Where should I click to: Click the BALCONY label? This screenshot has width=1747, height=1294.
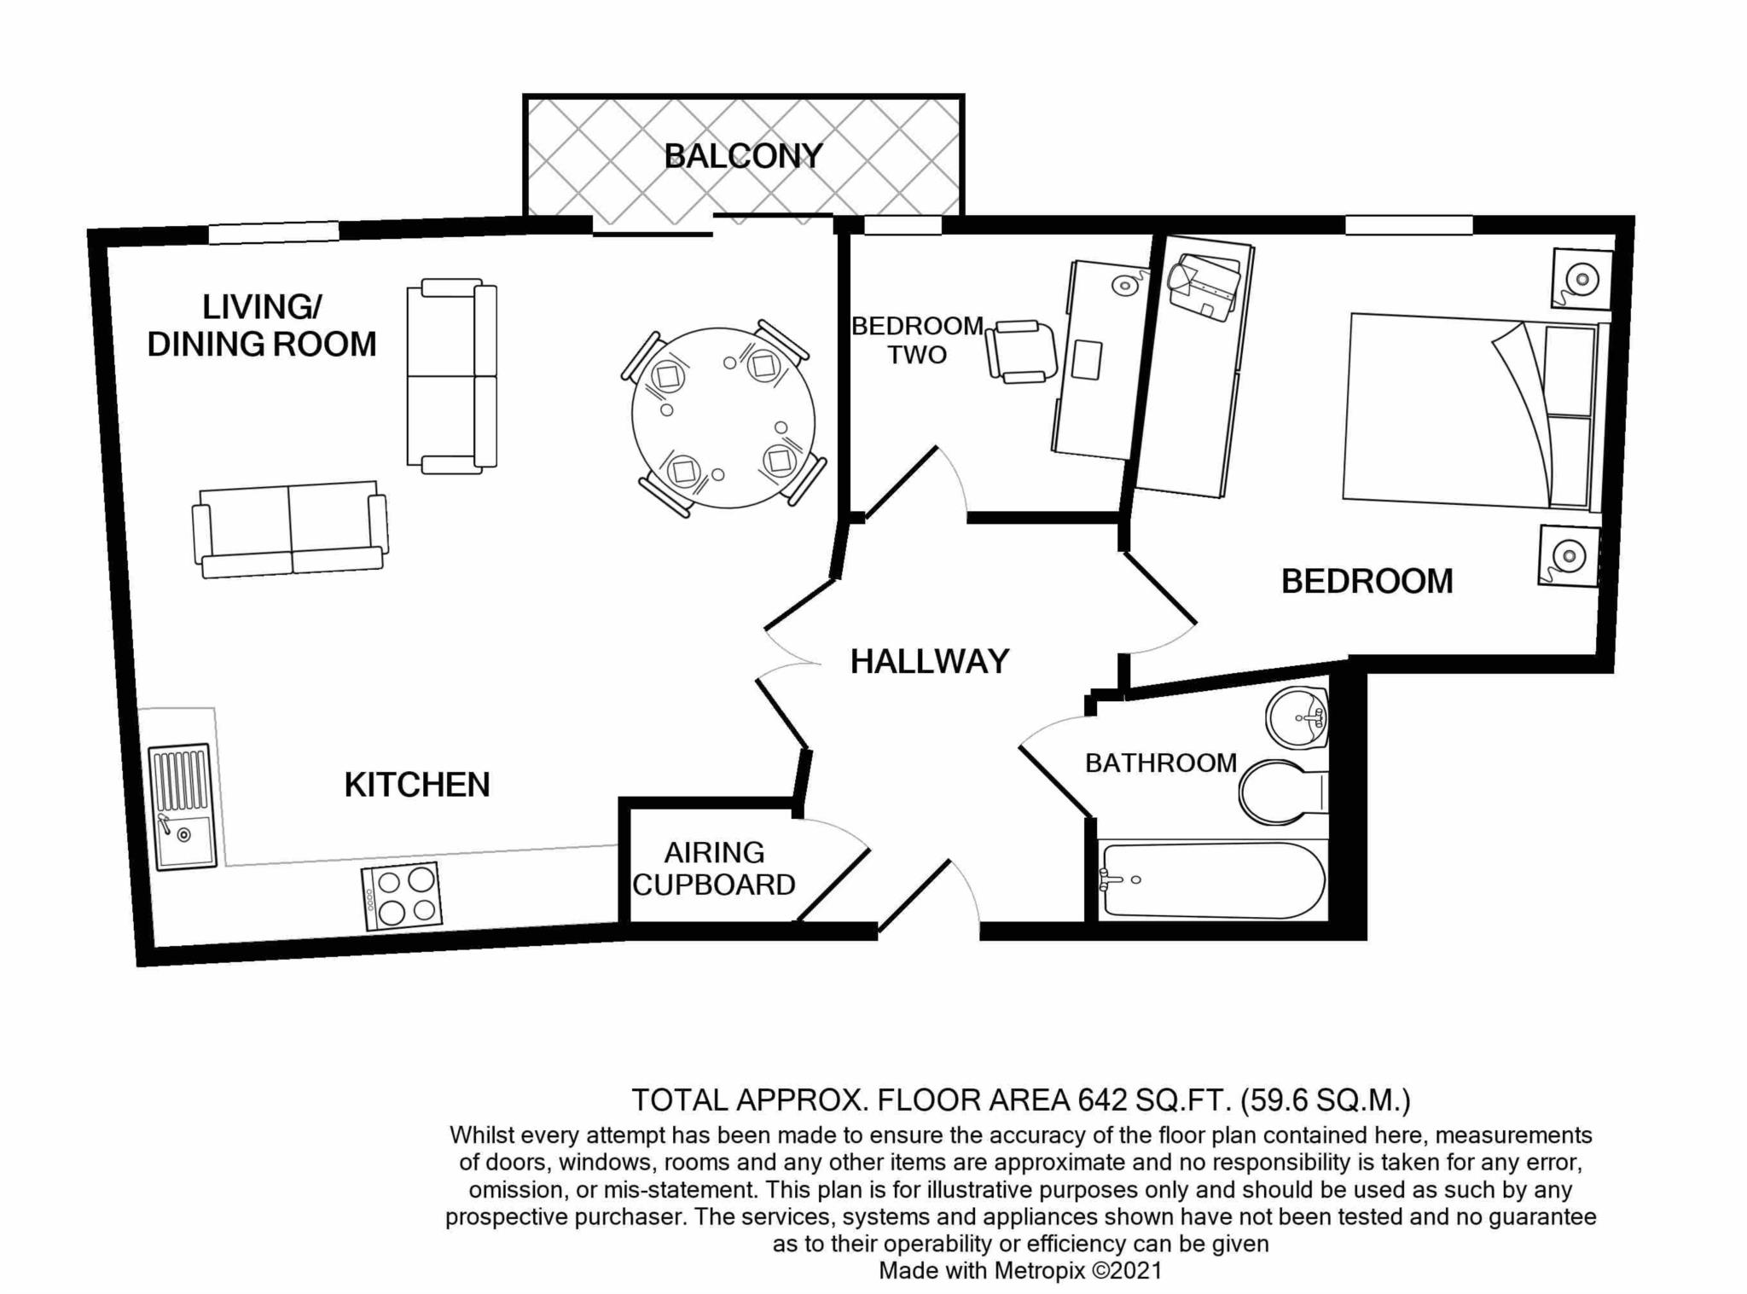pyautogui.click(x=743, y=156)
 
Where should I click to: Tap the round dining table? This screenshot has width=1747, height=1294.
pyautogui.click(x=723, y=418)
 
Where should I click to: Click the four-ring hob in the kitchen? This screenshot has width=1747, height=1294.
pyautogui.click(x=402, y=896)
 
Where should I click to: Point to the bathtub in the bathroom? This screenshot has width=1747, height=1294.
pyautogui.click(x=1212, y=881)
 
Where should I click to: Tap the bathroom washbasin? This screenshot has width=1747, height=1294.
pyautogui.click(x=1296, y=717)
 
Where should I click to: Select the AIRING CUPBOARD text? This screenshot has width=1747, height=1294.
pyautogui.click(x=714, y=868)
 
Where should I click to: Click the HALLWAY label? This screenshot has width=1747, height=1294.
pyautogui.click(x=930, y=662)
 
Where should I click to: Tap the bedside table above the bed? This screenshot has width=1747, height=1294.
pyautogui.click(x=1581, y=278)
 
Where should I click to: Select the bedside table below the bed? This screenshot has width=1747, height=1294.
pyautogui.click(x=1568, y=556)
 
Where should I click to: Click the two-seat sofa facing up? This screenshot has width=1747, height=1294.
pyautogui.click(x=290, y=529)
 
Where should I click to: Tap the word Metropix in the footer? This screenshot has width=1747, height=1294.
pyautogui.click(x=1039, y=1270)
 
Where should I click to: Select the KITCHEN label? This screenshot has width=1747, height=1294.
pyautogui.click(x=417, y=785)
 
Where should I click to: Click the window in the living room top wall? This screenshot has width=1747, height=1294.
pyautogui.click(x=274, y=231)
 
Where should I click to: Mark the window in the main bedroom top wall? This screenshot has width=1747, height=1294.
pyautogui.click(x=1408, y=224)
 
